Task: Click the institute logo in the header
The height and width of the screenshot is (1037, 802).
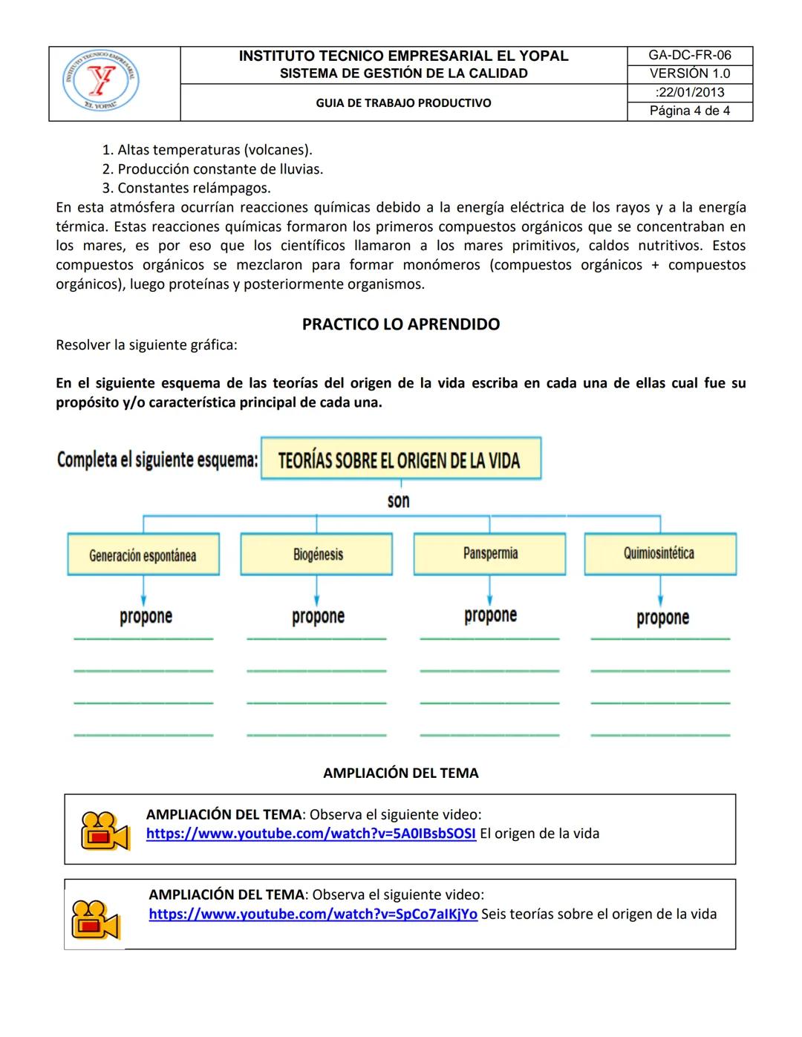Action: [x=100, y=82]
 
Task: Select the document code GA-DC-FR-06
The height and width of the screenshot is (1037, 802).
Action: [x=689, y=56]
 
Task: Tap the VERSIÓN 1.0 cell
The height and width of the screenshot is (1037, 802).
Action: [x=689, y=74]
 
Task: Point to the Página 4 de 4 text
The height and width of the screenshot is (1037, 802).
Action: [x=689, y=111]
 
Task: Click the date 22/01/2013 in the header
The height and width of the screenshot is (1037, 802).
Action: [x=689, y=93]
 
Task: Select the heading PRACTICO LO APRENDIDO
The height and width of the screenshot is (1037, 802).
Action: [x=401, y=324]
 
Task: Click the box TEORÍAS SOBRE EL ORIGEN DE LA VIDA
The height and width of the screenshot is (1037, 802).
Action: [x=400, y=459]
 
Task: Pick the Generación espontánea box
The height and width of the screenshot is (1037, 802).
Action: [x=143, y=555]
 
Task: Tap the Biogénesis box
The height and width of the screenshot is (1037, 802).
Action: [x=317, y=554]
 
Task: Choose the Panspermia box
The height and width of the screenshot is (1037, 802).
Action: [x=490, y=554]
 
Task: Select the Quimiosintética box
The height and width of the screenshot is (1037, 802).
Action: [x=660, y=554]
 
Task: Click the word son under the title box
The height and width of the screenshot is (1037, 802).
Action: [x=399, y=501]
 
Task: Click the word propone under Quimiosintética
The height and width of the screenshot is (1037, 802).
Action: [x=662, y=618]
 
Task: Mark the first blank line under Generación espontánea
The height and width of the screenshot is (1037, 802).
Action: [x=143, y=638]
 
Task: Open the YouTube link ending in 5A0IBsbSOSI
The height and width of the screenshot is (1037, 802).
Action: [x=310, y=834]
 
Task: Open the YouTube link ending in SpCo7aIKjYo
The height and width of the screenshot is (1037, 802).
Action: [x=313, y=915]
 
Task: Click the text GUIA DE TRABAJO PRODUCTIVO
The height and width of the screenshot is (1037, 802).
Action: [x=403, y=103]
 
